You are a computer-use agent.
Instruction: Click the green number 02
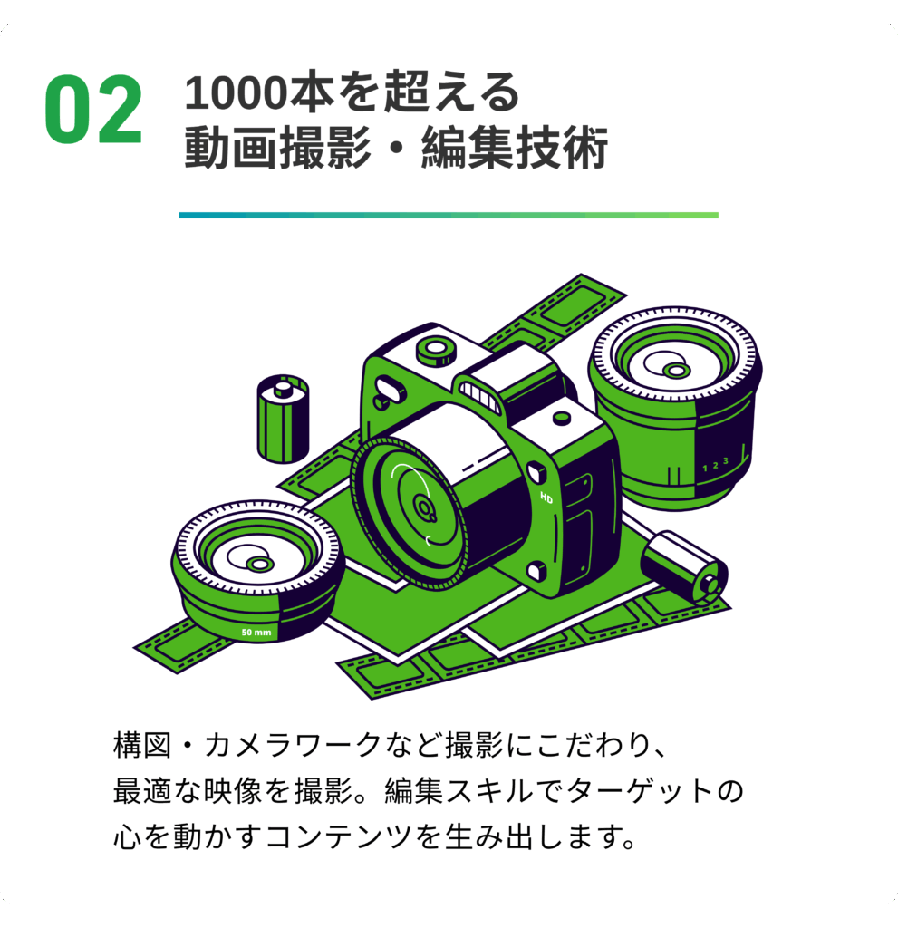pyautogui.click(x=93, y=110)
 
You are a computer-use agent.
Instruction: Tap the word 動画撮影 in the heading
pyautogui.click(x=278, y=148)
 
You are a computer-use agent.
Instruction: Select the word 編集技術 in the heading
pyautogui.click(x=515, y=148)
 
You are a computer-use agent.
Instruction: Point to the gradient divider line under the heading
pyautogui.click(x=449, y=216)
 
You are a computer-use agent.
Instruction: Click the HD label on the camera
pyautogui.click(x=546, y=498)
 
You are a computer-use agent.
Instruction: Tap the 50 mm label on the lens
pyautogui.click(x=256, y=633)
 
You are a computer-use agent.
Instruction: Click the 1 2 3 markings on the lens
pyautogui.click(x=715, y=465)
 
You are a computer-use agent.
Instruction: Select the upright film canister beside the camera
pyautogui.click(x=283, y=419)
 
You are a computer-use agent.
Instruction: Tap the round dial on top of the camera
pyautogui.click(x=437, y=352)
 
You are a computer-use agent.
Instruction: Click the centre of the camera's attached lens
pyautogui.click(x=424, y=507)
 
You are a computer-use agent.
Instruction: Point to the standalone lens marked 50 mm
pyautogui.click(x=258, y=572)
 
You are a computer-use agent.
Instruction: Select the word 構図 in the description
pyautogui.click(x=142, y=745)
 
